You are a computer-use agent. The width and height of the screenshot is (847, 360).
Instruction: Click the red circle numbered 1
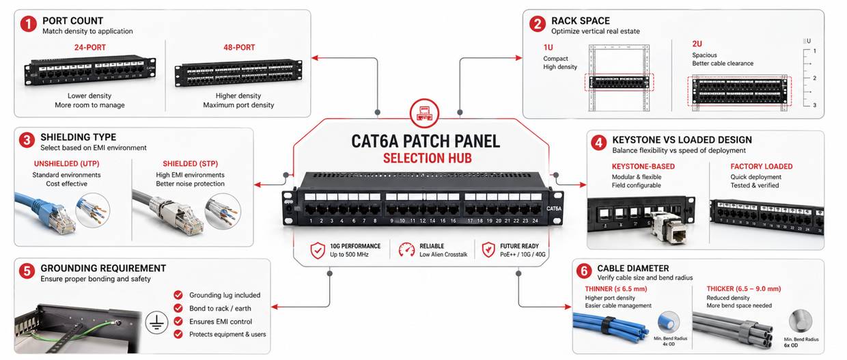point(28,25)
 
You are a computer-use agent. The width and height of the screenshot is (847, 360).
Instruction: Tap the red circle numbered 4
point(598,143)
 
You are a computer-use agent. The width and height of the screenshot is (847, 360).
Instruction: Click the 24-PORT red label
point(90,48)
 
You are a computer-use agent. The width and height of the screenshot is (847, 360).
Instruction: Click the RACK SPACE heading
point(581,20)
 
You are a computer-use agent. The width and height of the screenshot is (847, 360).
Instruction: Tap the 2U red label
point(697,44)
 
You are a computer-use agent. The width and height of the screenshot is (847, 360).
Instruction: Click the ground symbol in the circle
point(157,324)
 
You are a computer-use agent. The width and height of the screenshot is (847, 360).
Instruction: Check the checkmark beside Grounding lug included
point(178,295)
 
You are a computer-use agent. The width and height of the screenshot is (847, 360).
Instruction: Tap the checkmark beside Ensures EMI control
point(178,321)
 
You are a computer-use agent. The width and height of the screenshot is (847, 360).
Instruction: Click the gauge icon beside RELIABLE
point(406,250)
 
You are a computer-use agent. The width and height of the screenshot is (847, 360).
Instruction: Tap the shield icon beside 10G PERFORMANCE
point(318,250)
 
